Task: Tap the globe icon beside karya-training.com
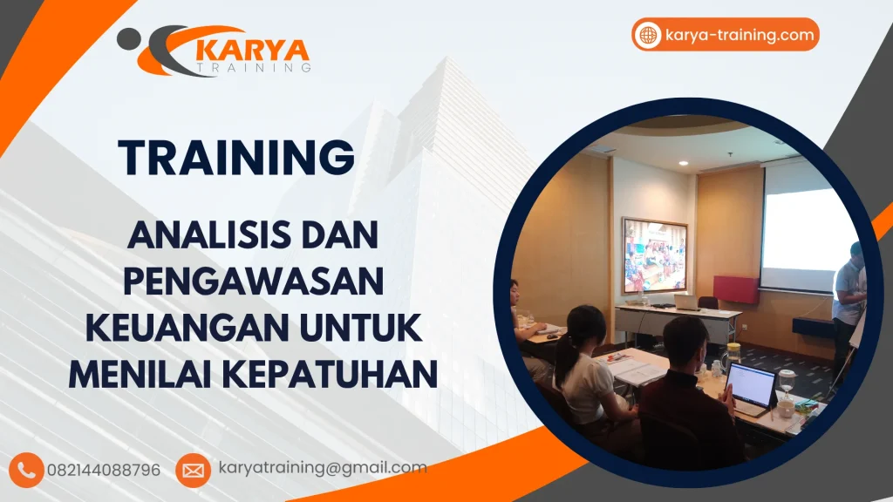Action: [x=648, y=35]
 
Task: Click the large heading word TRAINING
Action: [x=236, y=157]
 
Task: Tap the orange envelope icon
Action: [x=192, y=470]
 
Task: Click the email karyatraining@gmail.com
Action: [x=322, y=468]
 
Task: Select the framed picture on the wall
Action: [x=654, y=255]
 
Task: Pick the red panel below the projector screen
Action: [x=735, y=288]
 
